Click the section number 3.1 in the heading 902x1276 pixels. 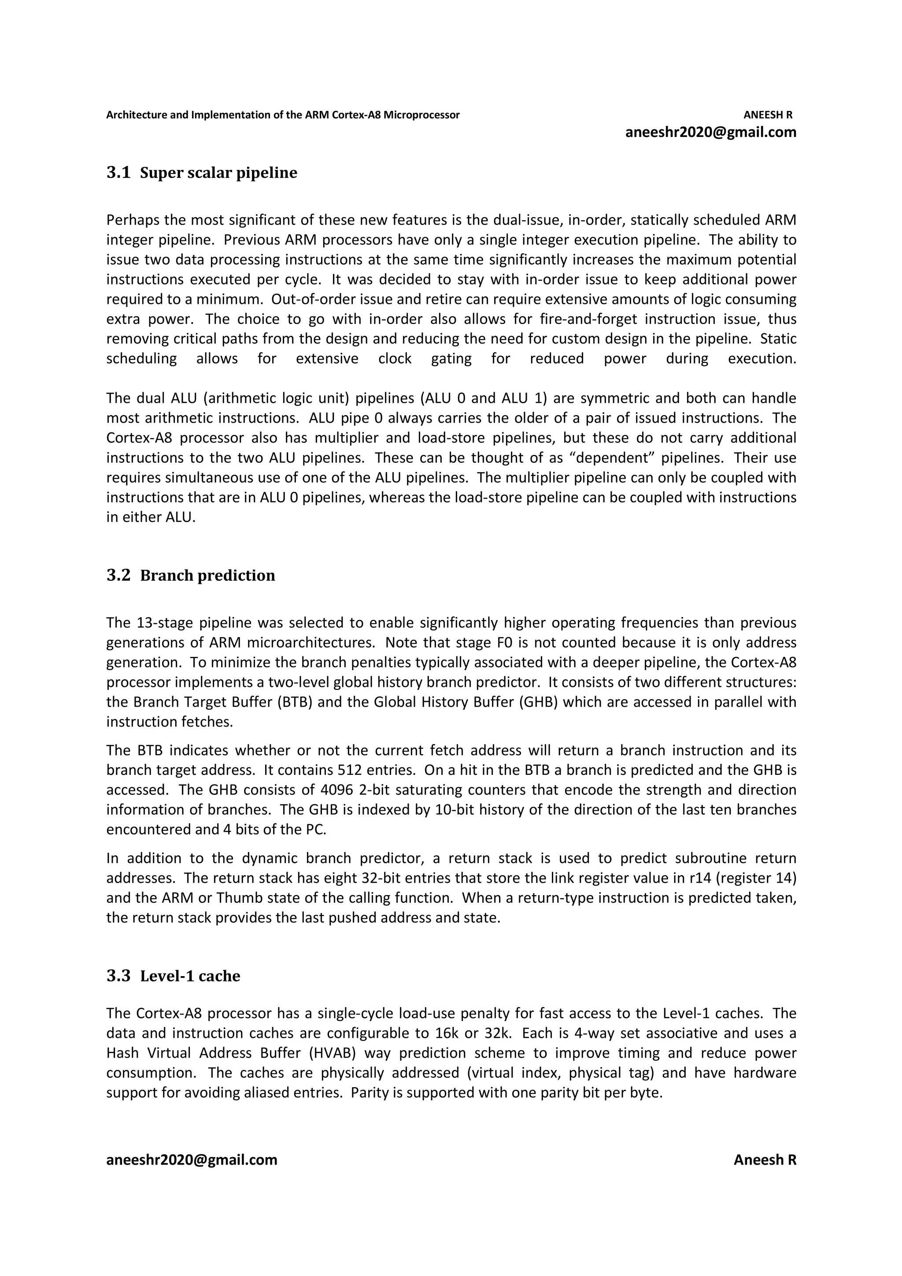coord(118,173)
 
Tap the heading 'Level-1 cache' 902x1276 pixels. coord(190,976)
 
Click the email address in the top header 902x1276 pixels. coord(711,132)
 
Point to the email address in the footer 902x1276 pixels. coord(192,1160)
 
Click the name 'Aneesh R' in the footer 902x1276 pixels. coord(765,1160)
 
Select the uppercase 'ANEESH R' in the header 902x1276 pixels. coord(768,115)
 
